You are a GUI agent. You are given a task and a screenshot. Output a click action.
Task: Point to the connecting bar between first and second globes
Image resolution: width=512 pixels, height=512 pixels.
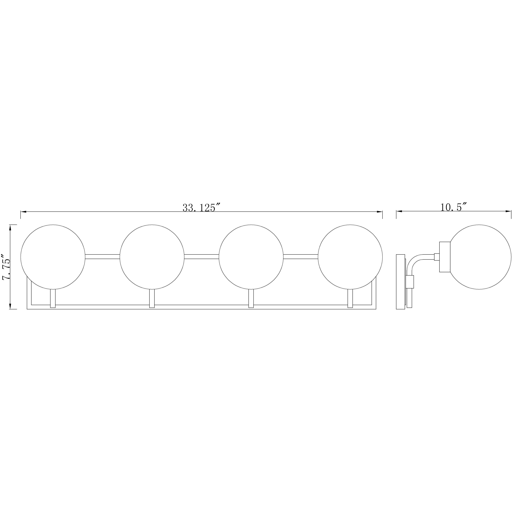103,257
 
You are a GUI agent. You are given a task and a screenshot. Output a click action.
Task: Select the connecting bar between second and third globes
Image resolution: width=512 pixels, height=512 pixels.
202,257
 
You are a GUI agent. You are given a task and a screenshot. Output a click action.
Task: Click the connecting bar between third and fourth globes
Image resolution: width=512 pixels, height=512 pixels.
301,257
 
